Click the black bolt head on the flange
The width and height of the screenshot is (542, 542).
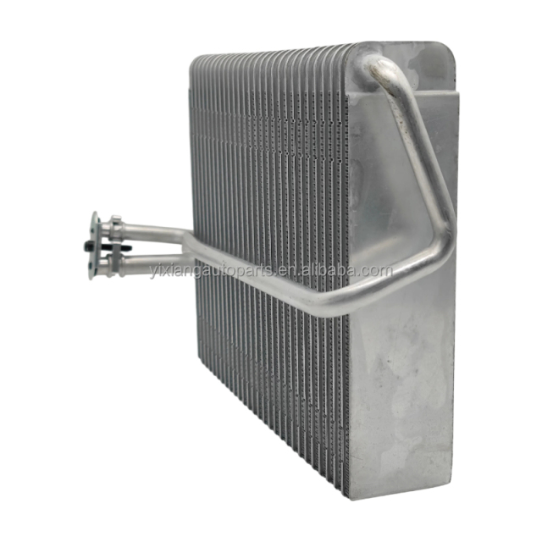pos(89,245)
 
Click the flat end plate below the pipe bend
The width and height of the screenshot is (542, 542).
pos(406,381)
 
